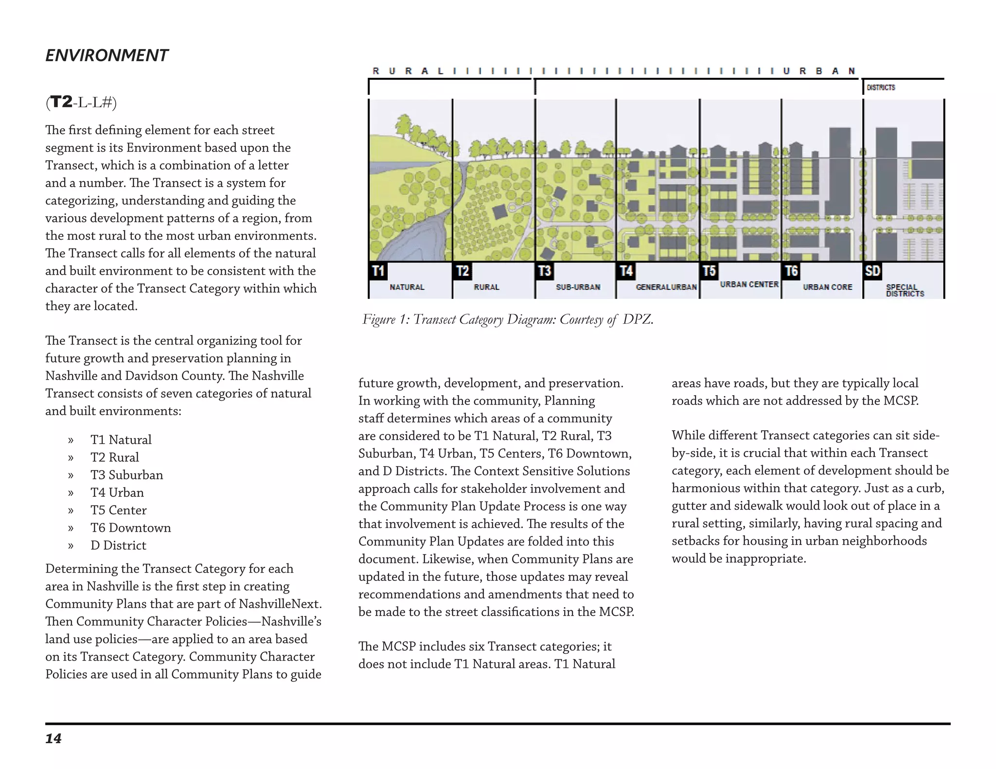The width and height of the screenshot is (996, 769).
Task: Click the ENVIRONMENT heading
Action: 107,55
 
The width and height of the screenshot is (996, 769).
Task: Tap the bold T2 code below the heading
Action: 61,102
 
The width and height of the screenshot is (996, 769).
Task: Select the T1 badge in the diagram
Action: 378,271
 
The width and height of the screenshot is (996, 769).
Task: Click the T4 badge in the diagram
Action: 626,271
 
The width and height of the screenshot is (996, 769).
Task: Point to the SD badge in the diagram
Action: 872,271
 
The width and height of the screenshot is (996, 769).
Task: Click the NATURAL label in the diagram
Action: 407,287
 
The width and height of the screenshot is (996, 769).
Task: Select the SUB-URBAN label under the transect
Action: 578,287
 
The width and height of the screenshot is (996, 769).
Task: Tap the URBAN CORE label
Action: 827,287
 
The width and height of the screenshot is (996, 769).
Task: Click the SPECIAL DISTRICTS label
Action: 905,291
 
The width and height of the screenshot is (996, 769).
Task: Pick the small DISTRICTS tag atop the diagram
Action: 881,87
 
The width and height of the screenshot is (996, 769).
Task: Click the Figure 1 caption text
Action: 508,319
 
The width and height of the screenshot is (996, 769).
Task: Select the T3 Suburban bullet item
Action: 126,475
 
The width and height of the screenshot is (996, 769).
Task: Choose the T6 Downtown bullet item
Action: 130,528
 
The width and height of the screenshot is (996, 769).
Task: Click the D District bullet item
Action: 118,545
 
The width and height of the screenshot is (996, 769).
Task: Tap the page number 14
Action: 53,739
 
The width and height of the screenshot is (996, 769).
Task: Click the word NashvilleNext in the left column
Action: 280,604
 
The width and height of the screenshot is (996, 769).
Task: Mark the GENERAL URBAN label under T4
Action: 666,287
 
